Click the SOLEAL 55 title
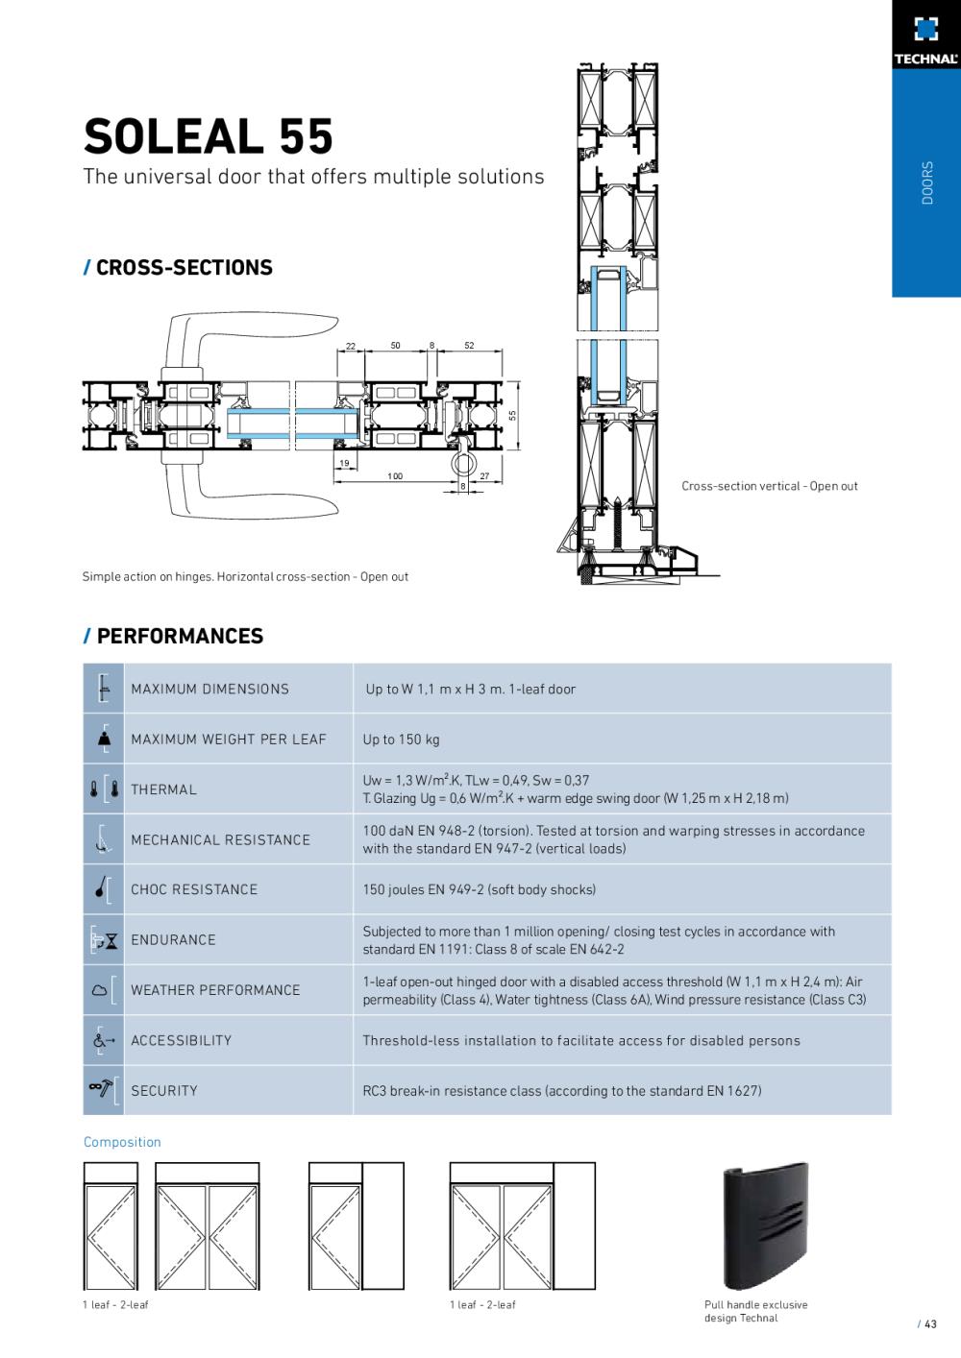click(209, 136)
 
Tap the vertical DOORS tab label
click(926, 182)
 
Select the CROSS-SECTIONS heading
click(184, 268)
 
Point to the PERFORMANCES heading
click(179, 636)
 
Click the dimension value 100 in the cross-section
click(395, 476)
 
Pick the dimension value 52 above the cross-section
click(469, 346)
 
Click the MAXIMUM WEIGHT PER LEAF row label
click(229, 740)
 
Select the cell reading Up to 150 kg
click(401, 740)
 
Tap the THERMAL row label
click(163, 789)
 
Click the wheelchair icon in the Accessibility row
click(102, 1040)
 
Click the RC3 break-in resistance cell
click(561, 1091)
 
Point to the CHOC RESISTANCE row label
click(194, 889)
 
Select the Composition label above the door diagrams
click(122, 1142)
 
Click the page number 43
click(930, 1324)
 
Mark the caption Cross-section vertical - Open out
click(770, 486)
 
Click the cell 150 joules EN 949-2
click(479, 889)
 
